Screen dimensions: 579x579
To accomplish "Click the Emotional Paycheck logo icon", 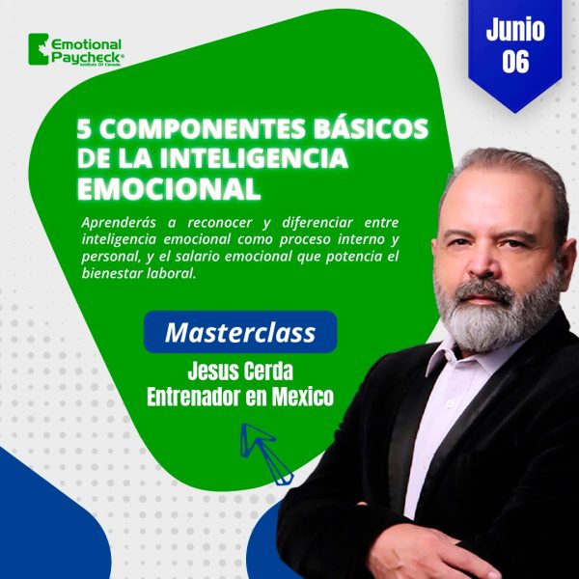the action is coord(39,49).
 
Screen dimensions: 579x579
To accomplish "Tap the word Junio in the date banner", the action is coord(515,29).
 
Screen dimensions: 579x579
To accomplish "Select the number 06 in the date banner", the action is coord(515,61).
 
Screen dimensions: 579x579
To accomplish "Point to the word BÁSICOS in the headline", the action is coord(371,127).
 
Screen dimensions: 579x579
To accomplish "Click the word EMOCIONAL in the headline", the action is coord(169,189).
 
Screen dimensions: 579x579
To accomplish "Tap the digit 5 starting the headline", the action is coord(84,129).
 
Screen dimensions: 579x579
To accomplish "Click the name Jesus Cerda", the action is coord(240,372).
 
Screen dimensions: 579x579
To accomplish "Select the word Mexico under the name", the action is coord(303,398).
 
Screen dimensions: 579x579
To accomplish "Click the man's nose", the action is coord(482,262).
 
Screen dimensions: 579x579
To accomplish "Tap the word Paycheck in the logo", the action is coord(86,57).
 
